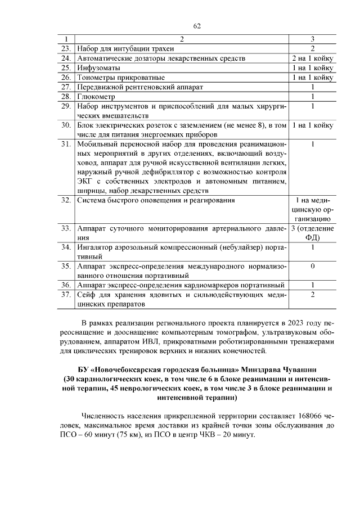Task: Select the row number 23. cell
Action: [x=66, y=48]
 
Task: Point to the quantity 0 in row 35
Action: [x=312, y=266]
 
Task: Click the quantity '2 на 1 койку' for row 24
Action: [x=312, y=58]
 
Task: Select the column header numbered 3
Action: [x=312, y=39]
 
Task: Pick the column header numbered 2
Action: [x=181, y=39]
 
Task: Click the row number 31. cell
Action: [x=66, y=145]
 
